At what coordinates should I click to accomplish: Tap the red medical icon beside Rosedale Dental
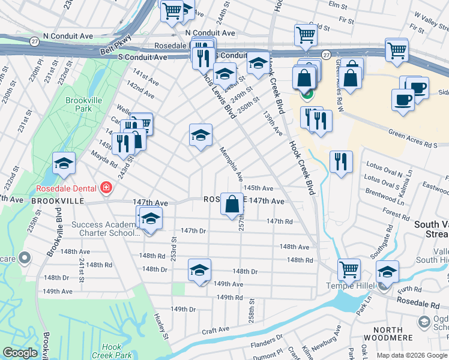pyautogui.click(x=106, y=188)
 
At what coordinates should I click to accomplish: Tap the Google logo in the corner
pyautogui.click(x=20, y=353)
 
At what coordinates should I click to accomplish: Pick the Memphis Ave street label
pyautogui.click(x=231, y=164)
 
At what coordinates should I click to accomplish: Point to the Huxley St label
pyautogui.click(x=159, y=323)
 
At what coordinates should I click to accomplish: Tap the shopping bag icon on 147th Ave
pyautogui.click(x=232, y=205)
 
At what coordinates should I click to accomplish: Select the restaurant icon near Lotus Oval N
pyautogui.click(x=341, y=163)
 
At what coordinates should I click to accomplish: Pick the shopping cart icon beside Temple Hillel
pyautogui.click(x=349, y=271)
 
